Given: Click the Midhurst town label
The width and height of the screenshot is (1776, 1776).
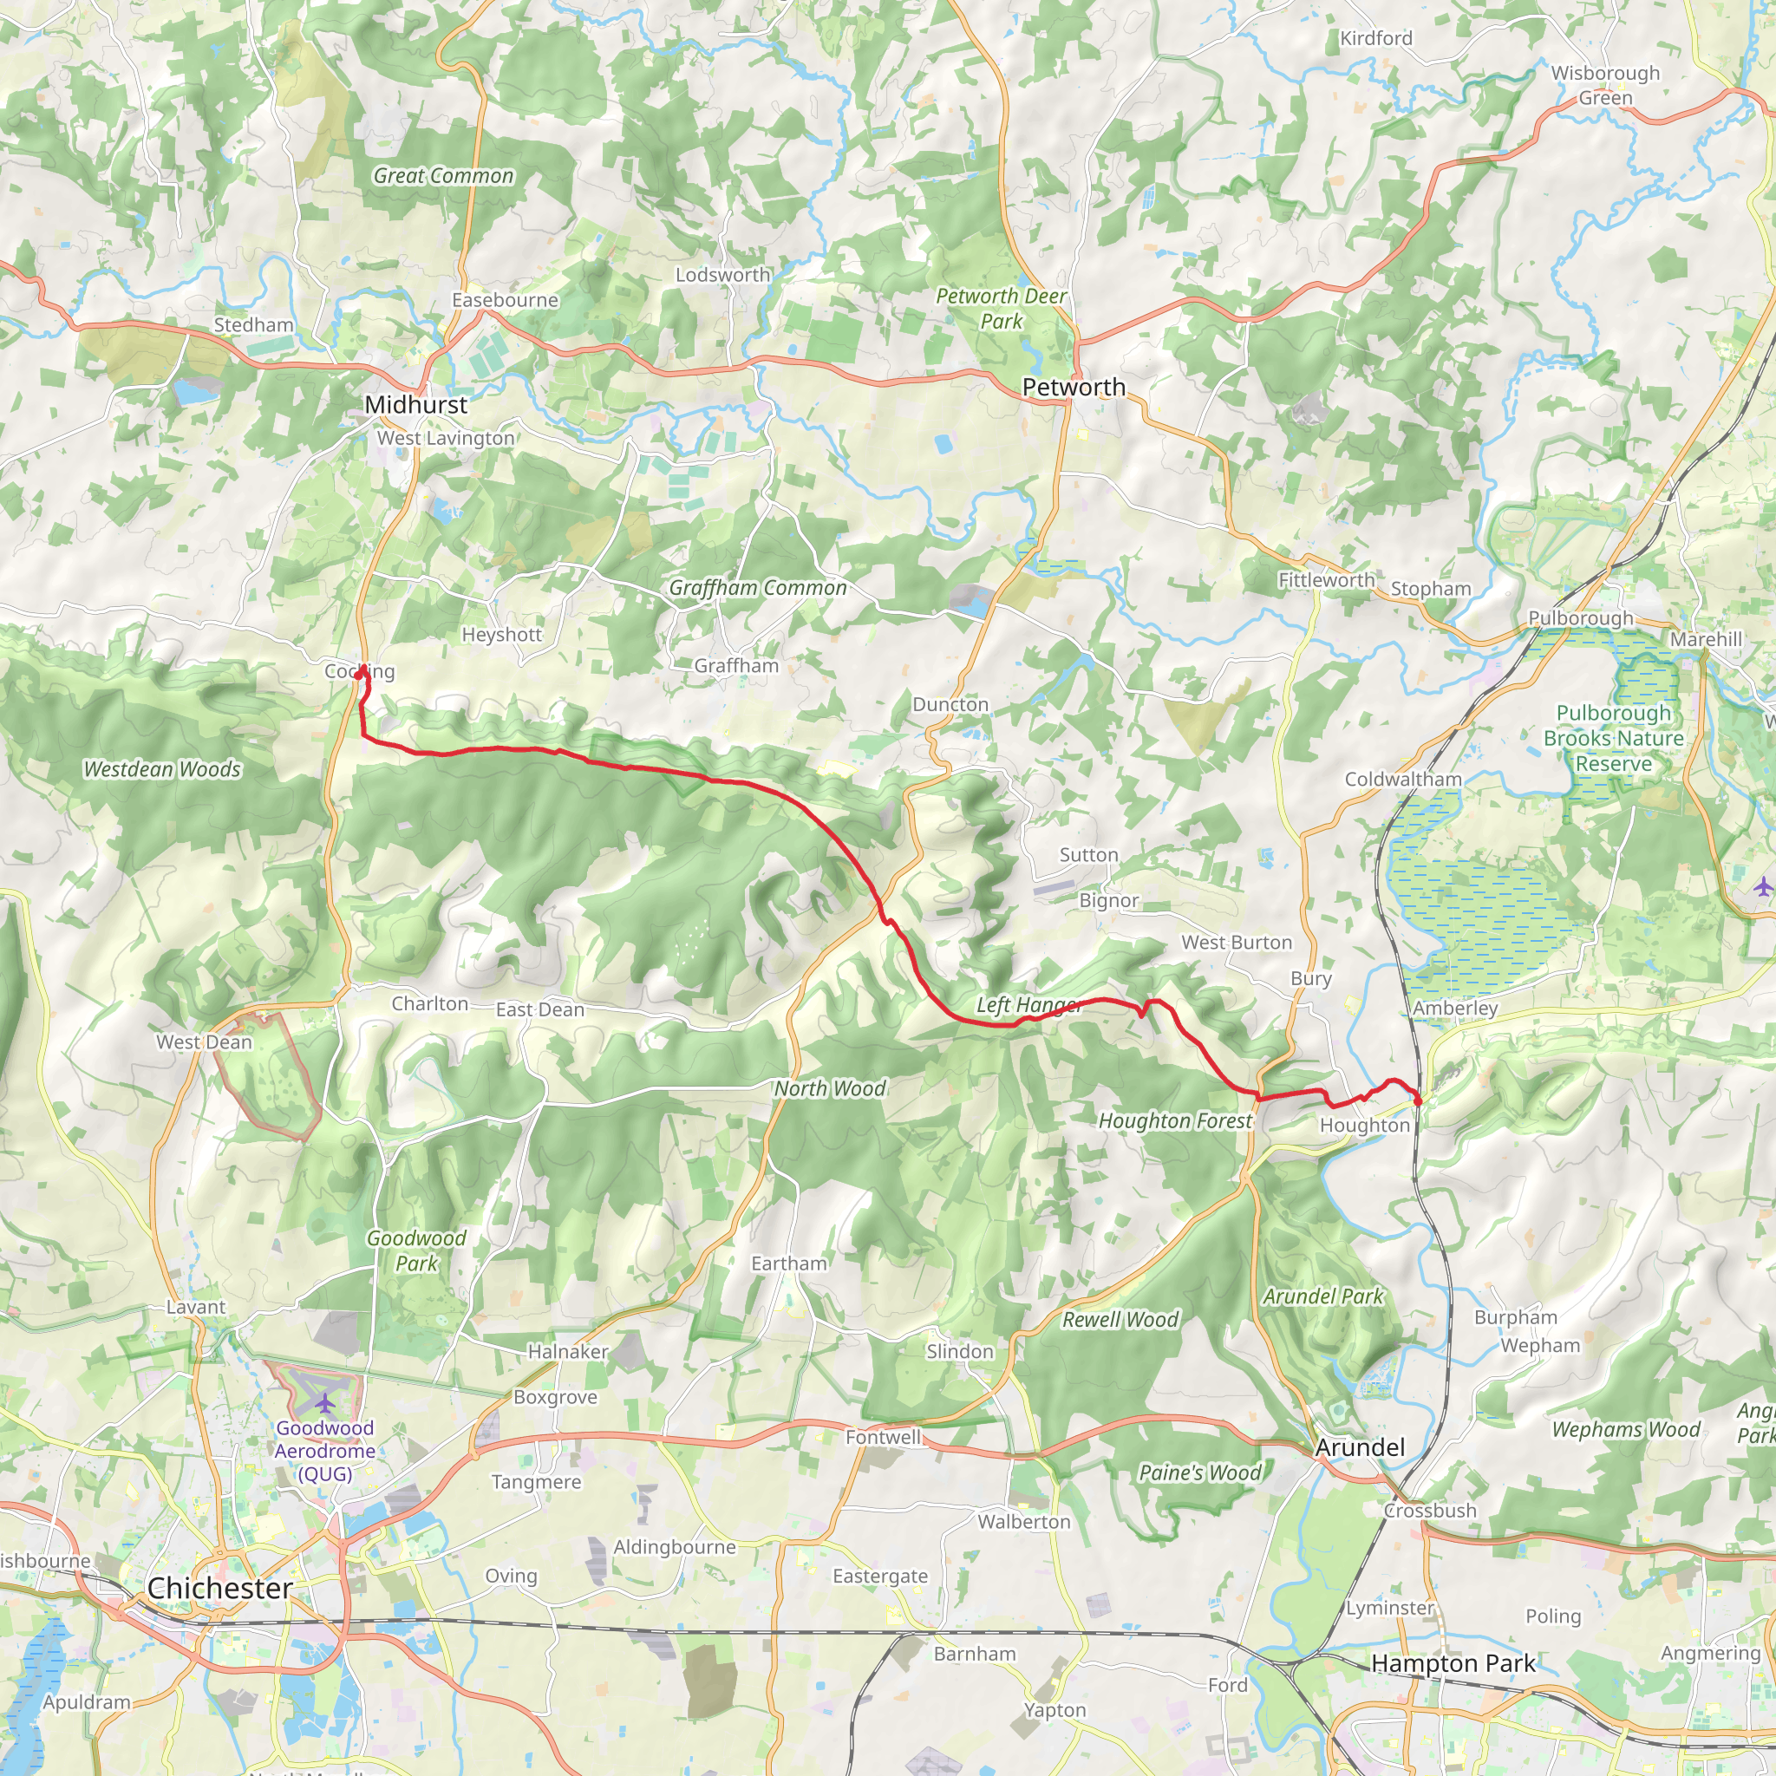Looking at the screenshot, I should click(x=415, y=404).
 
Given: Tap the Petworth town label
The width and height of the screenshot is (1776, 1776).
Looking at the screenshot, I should click(x=1074, y=387).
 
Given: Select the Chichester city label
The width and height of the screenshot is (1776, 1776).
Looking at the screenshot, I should click(x=219, y=1588).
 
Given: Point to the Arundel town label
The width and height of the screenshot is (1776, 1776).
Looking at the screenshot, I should click(x=1360, y=1447).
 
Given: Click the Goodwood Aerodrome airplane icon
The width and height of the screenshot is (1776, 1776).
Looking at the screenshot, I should click(x=324, y=1404).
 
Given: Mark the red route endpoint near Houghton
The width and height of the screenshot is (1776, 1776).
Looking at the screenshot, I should click(x=1418, y=1100).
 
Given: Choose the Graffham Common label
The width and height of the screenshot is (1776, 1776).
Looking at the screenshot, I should click(x=757, y=587).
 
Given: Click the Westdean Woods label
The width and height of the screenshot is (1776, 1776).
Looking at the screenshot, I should click(x=162, y=768).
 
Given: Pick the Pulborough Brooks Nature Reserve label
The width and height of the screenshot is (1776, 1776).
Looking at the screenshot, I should click(x=1613, y=738).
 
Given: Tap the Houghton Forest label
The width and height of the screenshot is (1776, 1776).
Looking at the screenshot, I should click(x=1175, y=1120).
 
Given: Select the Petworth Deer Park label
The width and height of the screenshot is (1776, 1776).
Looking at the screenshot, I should click(x=1001, y=309).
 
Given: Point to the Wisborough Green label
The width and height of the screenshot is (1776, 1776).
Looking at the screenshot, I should click(x=1605, y=86).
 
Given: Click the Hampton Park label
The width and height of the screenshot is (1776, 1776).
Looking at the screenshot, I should click(x=1453, y=1663).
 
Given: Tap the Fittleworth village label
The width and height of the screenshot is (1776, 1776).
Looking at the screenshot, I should click(x=1326, y=580).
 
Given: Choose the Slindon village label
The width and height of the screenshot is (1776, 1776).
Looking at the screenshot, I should click(x=960, y=1351).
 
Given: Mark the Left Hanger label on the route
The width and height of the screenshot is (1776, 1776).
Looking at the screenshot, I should click(x=1028, y=1005).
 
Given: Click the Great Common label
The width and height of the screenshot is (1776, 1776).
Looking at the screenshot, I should click(x=443, y=175).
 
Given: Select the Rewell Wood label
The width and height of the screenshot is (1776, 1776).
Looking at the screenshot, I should click(x=1120, y=1319).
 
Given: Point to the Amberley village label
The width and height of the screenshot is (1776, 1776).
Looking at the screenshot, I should click(x=1455, y=1008).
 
